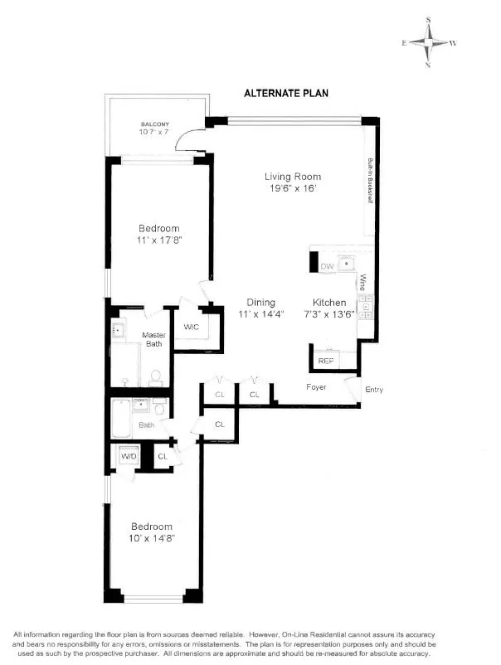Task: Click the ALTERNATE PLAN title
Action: coord(286,93)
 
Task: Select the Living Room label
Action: coord(292,177)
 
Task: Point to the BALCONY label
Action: coord(154,124)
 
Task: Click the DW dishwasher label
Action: coord(326,265)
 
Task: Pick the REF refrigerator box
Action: coord(326,361)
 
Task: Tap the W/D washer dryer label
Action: coord(129,456)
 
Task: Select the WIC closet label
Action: coord(192,328)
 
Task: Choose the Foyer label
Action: coord(316,387)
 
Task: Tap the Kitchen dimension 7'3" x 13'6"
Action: coord(334,314)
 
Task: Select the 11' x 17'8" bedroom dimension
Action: coord(158,240)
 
